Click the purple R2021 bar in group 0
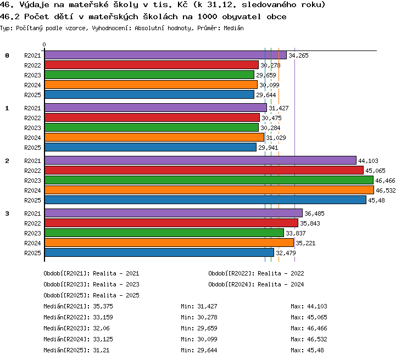165,55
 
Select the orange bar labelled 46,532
209,190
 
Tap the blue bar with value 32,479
159,252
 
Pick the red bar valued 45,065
204,170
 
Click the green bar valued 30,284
152,128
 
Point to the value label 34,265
298,55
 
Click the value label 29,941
268,148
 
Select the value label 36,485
314,213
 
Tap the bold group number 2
7,161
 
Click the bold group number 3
7,213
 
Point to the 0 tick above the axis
44,44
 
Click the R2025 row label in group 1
32,148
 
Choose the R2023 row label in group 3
32,233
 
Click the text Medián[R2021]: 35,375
79,306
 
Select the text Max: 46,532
309,339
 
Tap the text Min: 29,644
199,350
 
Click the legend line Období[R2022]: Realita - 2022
256,274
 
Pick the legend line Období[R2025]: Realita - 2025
91,295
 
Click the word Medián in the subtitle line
233,28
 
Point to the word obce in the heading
276,17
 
